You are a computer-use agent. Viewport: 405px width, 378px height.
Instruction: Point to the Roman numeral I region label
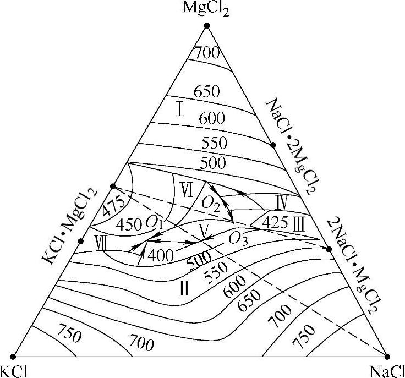point(179,109)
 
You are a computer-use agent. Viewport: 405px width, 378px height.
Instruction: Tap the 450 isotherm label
point(129,225)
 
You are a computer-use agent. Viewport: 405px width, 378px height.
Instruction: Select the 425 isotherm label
point(273,223)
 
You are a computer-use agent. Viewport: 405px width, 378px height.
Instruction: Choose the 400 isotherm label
point(176,254)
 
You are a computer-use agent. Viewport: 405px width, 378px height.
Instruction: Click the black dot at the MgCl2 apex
point(207,26)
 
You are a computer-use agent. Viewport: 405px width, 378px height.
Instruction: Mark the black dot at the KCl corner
point(13,356)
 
